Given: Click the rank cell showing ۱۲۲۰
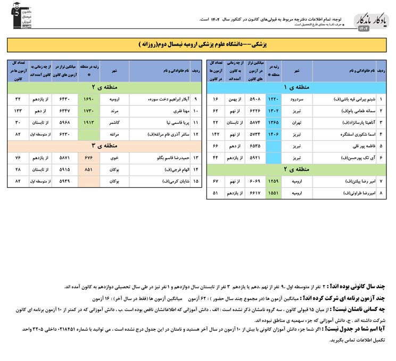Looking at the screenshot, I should coord(273,99).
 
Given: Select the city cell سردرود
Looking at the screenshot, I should coord(297,99).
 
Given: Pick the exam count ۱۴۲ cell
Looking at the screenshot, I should coord(216,134).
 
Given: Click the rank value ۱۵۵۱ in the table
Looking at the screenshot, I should coord(273,193).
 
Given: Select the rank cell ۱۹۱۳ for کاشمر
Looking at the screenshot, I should coord(89,122).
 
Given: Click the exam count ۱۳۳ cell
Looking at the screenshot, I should coord(18,111).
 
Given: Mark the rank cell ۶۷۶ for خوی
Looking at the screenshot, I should coord(89,157).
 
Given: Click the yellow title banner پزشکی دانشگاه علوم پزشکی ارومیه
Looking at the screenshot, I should coord(198,45).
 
